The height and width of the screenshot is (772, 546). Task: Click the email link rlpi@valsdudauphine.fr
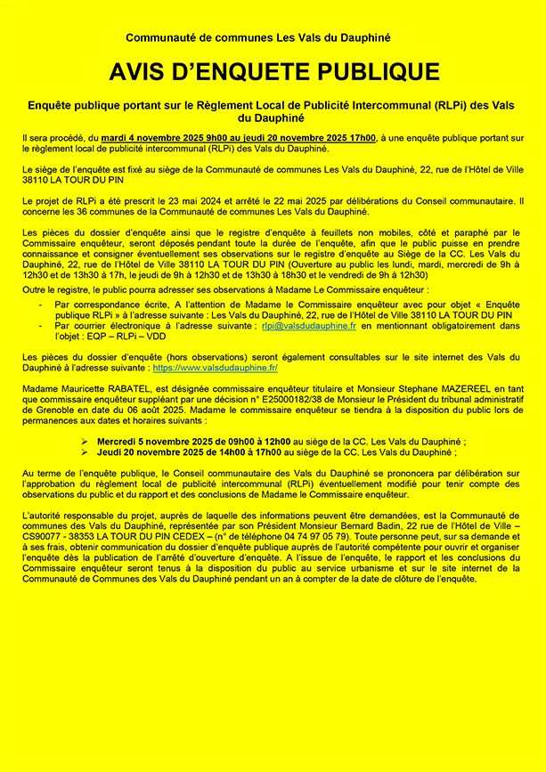[309, 327]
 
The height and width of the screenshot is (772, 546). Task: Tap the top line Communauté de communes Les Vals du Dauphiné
[257, 37]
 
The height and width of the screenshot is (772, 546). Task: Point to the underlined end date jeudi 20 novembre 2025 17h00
[301, 138]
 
